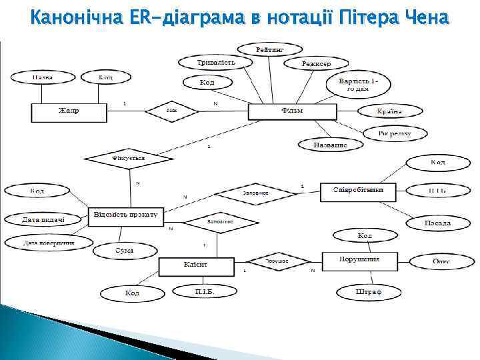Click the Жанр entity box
pyautogui.click(x=69, y=111)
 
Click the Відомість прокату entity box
pyautogui.click(x=125, y=215)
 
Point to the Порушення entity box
pyautogui.click(x=360, y=261)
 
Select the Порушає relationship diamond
pyautogui.click(x=277, y=261)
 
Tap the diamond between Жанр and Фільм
pyautogui.click(x=172, y=111)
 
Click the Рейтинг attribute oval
pyautogui.click(x=270, y=50)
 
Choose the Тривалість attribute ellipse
pyautogui.click(x=215, y=62)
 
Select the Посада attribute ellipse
pyautogui.click(x=437, y=223)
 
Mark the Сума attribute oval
pyautogui.click(x=125, y=251)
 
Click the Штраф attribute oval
pyautogui.click(x=369, y=292)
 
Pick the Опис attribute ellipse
pyautogui.click(x=441, y=261)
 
